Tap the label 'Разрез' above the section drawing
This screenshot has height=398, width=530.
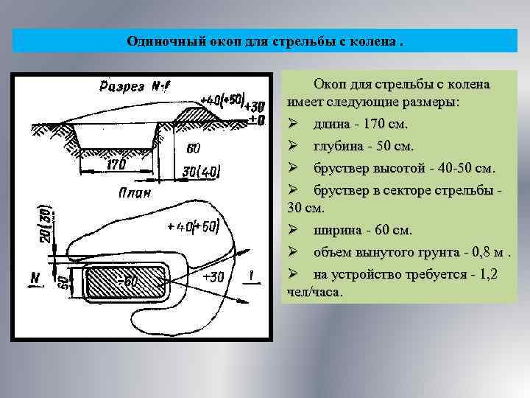click(121, 86)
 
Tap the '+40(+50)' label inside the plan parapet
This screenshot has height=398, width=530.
click(193, 226)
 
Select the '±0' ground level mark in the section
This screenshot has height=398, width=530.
click(256, 119)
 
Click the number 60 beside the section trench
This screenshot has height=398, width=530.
click(193, 148)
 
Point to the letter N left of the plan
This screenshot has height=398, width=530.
click(35, 278)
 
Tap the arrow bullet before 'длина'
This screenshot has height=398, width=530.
click(292, 124)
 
